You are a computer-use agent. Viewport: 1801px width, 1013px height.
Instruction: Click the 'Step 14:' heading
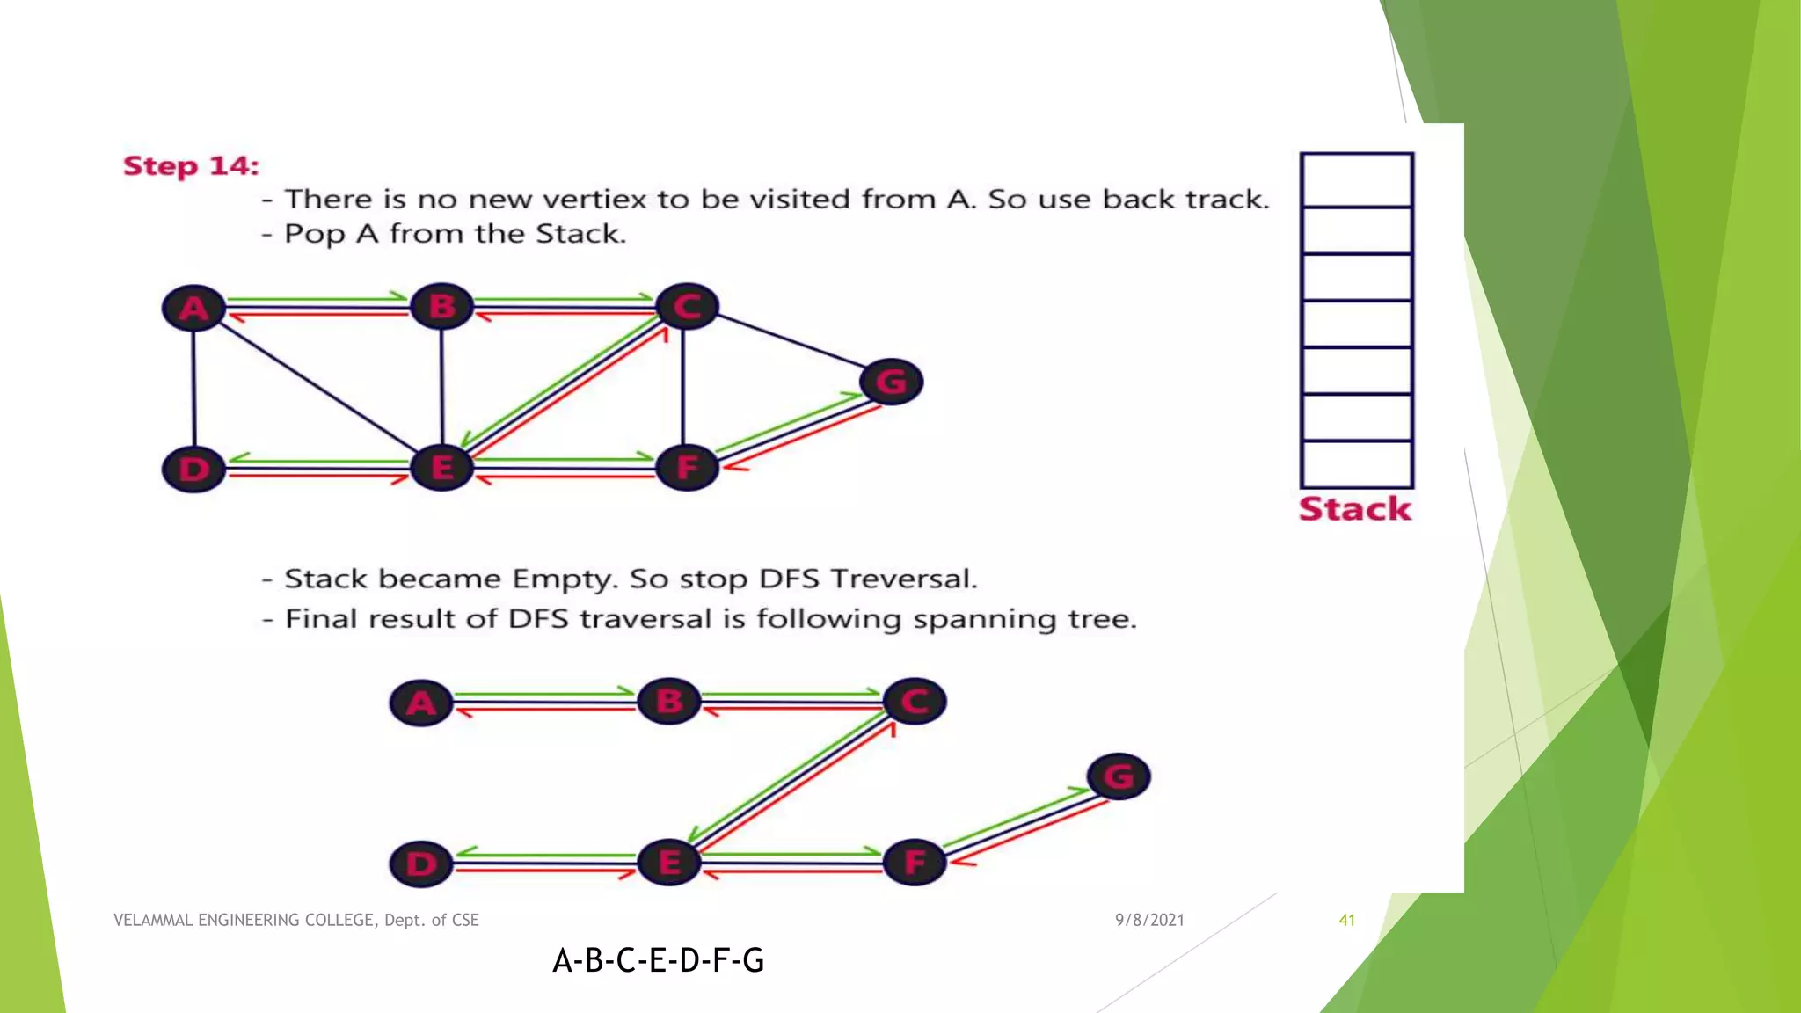tap(191, 165)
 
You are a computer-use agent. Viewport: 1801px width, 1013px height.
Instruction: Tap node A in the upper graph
tap(193, 308)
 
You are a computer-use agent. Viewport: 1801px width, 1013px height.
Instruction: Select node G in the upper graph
tap(891, 382)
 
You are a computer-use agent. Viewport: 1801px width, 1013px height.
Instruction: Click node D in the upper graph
tap(193, 469)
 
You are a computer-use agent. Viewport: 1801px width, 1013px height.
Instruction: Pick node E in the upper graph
tap(441, 467)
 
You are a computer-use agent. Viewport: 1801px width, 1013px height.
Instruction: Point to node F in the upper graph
tap(687, 467)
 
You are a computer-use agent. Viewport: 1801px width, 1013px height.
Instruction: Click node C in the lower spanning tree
tap(915, 702)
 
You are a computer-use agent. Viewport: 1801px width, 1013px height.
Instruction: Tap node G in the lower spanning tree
tap(1118, 776)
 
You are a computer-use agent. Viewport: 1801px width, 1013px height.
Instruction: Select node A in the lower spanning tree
tap(420, 703)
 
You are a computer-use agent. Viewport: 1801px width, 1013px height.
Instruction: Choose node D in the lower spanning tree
tap(420, 864)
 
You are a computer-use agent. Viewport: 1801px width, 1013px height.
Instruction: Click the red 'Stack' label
tap(1354, 508)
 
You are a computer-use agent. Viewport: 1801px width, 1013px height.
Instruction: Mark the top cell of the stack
tap(1356, 180)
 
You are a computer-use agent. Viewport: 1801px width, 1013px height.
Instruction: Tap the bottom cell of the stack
tap(1356, 464)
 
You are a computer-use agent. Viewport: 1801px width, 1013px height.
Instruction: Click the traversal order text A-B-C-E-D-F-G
tap(658, 960)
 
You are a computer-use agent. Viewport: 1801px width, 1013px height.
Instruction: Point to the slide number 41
tap(1346, 920)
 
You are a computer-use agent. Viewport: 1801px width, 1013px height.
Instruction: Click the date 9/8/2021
tap(1149, 920)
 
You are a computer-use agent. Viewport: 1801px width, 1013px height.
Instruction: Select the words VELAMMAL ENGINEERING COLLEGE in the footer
tap(245, 920)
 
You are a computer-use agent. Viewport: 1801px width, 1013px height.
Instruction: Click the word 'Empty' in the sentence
tap(560, 579)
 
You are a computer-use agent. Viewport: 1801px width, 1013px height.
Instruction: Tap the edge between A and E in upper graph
tap(317, 386)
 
